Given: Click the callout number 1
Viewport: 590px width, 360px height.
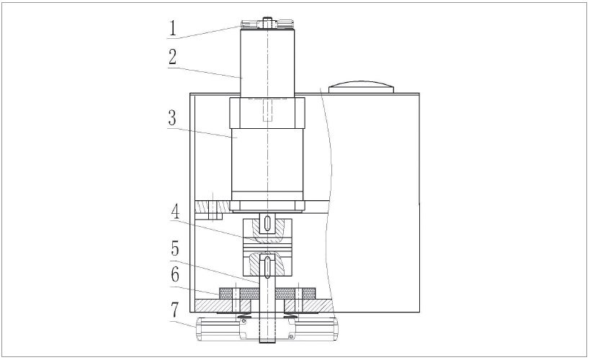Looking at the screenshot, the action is pos(172,28).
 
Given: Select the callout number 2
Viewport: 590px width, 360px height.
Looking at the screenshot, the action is pos(172,57).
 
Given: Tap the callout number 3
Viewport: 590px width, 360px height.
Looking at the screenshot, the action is pos(172,118).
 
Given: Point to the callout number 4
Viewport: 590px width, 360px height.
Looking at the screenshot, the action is pos(175,211).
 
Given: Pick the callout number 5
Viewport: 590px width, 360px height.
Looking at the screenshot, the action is pos(175,248).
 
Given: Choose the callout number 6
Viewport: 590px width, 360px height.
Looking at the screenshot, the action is pos(175,274).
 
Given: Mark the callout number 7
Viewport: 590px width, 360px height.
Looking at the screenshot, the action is pos(174,310).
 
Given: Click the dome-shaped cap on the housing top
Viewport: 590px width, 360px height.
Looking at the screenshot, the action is pos(361,87).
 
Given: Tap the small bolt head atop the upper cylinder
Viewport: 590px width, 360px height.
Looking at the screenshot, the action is pos(267,22).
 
